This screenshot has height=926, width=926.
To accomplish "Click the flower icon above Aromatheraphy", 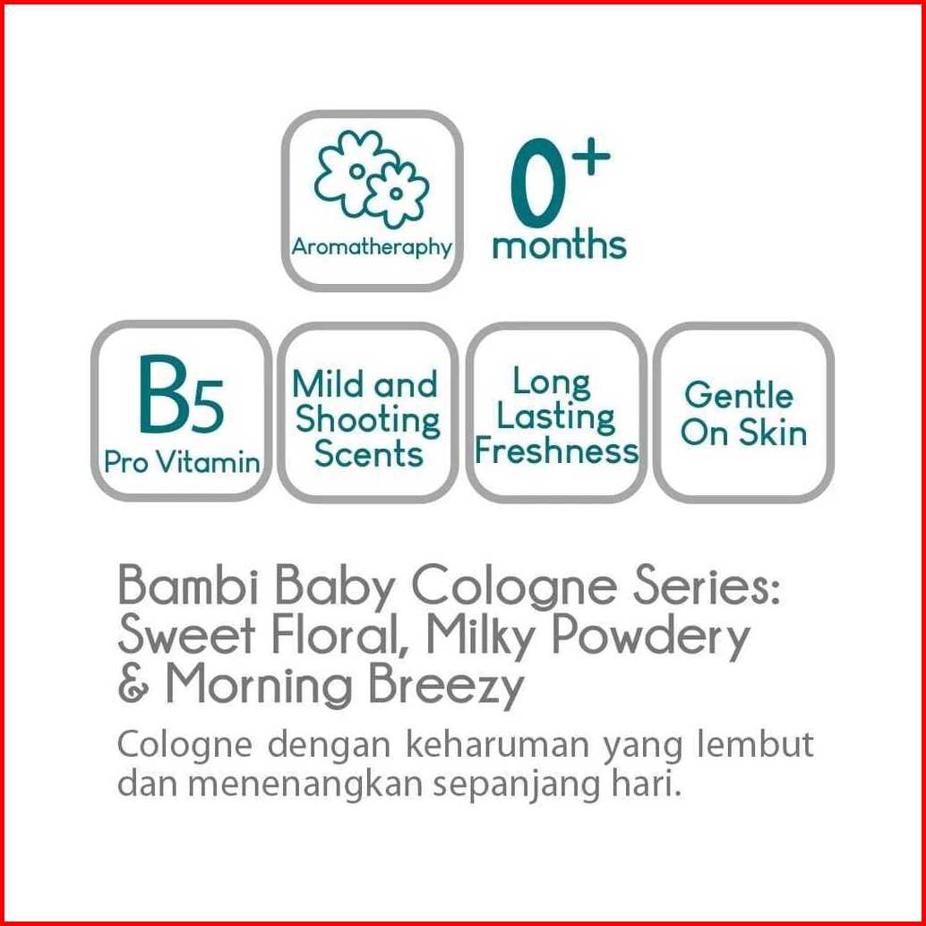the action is point(371,177).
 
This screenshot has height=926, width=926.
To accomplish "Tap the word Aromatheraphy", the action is point(372,247).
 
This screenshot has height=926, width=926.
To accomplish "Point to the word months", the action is point(559,245).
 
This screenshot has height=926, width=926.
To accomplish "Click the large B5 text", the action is point(181,395).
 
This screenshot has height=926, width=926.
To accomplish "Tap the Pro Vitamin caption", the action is point(182,462).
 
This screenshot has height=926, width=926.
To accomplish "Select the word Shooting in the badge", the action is point(368,422).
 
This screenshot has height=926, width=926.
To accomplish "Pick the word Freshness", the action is point(557,451).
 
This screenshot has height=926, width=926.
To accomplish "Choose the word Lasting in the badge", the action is point(555,417).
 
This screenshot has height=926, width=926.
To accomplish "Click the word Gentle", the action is point(738,395).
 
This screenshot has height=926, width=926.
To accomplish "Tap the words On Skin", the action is point(743,433).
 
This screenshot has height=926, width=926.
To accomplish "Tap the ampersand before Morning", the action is point(134,684).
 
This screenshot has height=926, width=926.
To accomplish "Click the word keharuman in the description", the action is point(497,745).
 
